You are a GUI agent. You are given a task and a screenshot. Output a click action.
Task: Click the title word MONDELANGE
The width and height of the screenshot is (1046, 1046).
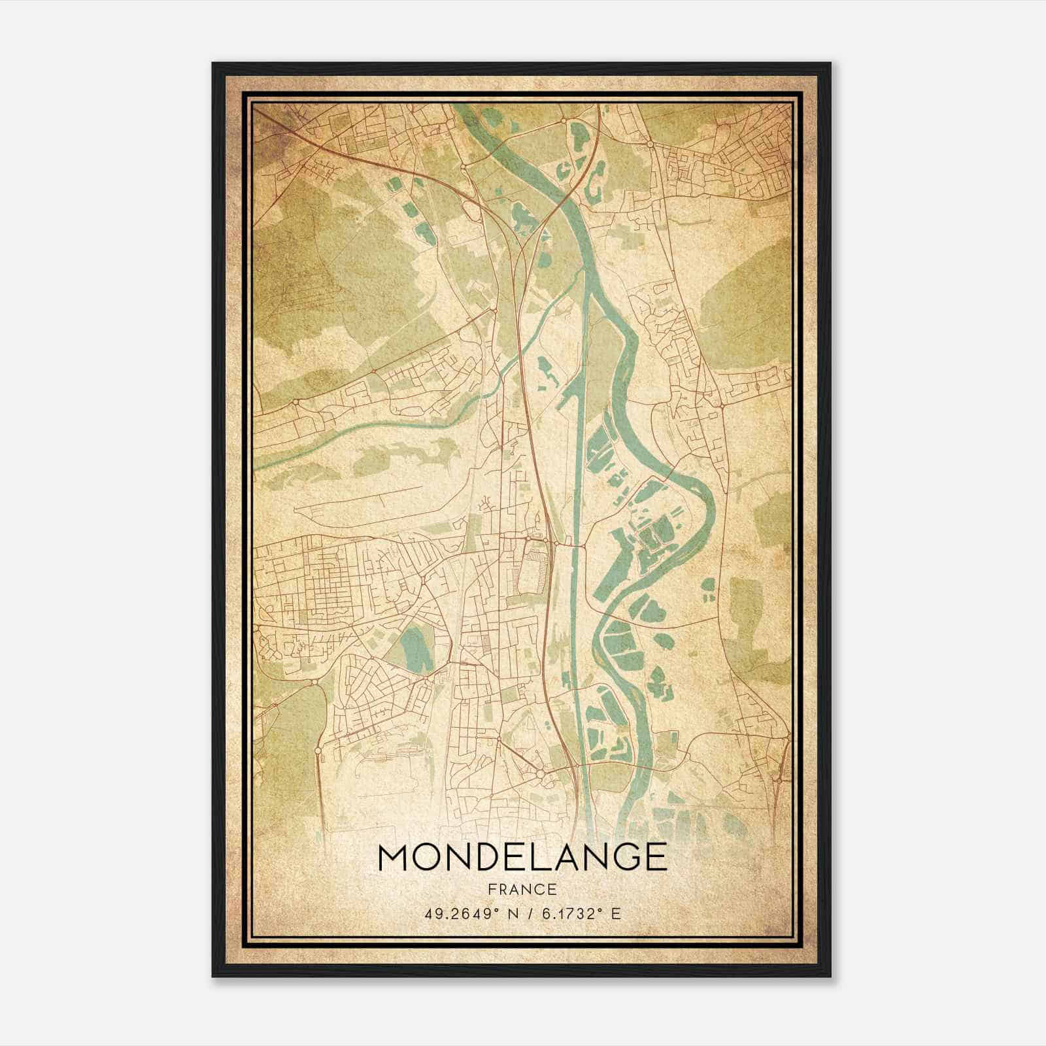click(x=522, y=857)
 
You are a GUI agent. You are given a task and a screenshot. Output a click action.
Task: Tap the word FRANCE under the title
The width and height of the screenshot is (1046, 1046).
click(x=522, y=889)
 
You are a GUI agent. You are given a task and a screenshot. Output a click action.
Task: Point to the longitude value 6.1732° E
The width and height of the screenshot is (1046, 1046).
click(x=579, y=913)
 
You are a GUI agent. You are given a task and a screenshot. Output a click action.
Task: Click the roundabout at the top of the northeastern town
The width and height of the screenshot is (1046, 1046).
click(x=650, y=144)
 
